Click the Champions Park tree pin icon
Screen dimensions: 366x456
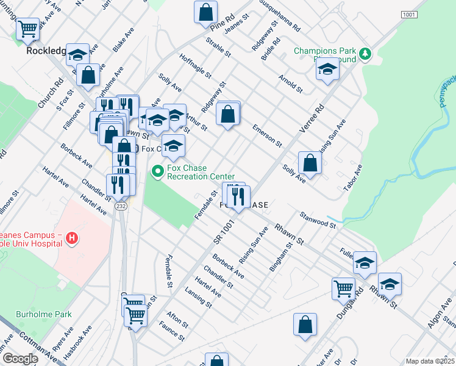pyautogui.click(x=365, y=54)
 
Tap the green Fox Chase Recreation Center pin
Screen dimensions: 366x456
pyautogui.click(x=158, y=172)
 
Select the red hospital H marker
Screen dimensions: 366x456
pyautogui.click(x=72, y=237)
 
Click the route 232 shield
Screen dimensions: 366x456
pyautogui.click(x=121, y=207)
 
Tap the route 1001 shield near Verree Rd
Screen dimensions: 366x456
pyautogui.click(x=408, y=14)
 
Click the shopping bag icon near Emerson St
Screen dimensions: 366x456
pyautogui.click(x=228, y=114)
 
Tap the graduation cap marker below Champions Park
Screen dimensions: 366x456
pyautogui.click(x=327, y=70)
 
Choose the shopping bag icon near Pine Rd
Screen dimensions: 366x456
pyautogui.click(x=206, y=12)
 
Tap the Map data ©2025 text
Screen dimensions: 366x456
pyautogui.click(x=429, y=361)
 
